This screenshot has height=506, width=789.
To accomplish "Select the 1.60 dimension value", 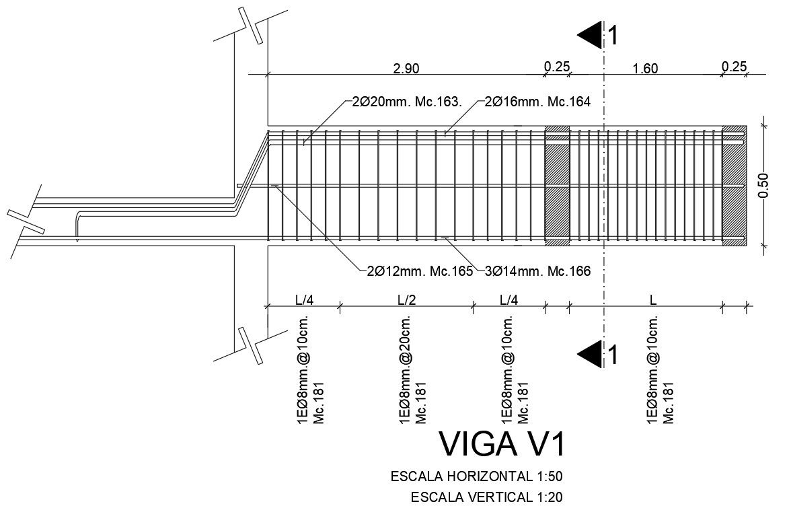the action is click(645, 68).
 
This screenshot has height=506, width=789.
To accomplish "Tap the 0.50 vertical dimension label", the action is click(763, 186).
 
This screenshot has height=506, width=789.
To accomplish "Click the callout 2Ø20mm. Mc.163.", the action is click(406, 102).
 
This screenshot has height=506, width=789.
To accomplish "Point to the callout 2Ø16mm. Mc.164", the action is click(537, 102).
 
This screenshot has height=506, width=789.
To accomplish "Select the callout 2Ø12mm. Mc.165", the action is click(416, 271).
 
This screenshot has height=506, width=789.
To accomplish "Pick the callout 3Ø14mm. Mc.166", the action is click(537, 271).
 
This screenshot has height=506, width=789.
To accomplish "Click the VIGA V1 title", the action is click(502, 444).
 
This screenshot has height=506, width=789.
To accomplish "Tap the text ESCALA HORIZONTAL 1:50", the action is click(476, 476).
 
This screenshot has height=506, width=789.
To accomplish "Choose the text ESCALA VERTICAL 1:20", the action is click(486, 498).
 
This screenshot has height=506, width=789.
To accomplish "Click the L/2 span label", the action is click(406, 299).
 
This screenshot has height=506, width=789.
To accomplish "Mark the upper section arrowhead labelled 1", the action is click(591, 35).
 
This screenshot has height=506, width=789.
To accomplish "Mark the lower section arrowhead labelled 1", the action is click(591, 353).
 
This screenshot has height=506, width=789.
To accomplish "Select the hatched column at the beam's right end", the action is click(734, 185).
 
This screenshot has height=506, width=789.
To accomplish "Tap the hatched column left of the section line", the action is click(557, 185).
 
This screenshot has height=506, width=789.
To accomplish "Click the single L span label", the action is click(652, 299).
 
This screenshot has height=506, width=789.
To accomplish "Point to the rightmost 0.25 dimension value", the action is click(734, 67).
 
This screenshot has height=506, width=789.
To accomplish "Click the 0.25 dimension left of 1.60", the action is click(557, 67).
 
